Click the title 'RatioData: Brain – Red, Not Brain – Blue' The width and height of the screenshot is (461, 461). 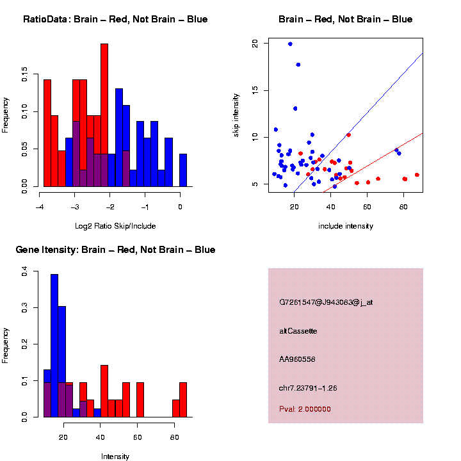(115, 19)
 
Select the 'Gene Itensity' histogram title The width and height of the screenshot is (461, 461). (115, 250)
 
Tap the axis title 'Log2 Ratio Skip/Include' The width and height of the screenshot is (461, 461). (115, 226)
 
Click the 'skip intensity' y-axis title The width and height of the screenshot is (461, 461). (236, 115)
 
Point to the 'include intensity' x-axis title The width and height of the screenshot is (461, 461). (346, 226)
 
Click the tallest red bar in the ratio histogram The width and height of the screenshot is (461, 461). (104, 115)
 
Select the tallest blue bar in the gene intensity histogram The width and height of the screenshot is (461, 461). (54, 346)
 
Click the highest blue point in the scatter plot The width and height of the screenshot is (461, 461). (290, 44)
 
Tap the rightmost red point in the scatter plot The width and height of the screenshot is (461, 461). (417, 175)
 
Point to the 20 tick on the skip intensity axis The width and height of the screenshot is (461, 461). (255, 44)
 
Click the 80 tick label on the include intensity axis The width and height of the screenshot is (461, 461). (404, 207)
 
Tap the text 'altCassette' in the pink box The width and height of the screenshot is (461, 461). (298, 331)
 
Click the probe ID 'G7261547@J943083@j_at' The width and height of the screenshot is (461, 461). (325, 302)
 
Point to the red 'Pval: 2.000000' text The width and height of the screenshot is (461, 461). (305, 409)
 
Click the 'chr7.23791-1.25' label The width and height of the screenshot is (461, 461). (308, 388)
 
